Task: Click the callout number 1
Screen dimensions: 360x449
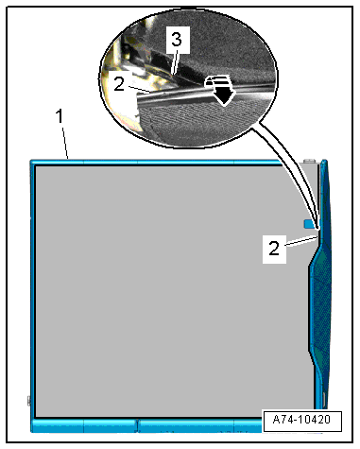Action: (60, 116)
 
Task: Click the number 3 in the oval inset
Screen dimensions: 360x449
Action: (177, 40)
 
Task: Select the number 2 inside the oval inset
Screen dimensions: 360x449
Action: (119, 84)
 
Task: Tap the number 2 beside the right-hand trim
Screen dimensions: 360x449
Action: (274, 249)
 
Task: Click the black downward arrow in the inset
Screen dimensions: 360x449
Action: (224, 93)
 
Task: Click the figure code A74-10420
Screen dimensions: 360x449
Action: (301, 420)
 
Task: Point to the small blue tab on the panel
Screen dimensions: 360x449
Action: (309, 224)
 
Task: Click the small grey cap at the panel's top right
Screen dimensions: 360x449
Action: (310, 162)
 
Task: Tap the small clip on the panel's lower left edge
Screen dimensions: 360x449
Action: (29, 401)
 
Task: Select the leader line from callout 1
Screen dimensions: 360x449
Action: (65, 142)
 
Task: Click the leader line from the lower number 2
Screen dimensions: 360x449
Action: (300, 241)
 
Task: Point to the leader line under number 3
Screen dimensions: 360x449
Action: (175, 61)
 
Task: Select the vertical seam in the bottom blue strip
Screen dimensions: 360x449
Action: (138, 425)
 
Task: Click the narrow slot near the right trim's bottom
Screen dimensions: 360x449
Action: (324, 400)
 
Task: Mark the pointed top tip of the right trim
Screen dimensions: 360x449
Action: (324, 161)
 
